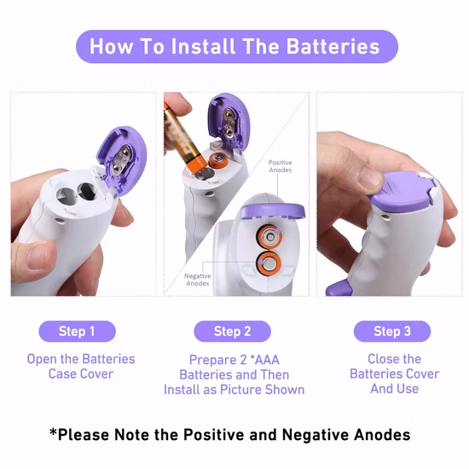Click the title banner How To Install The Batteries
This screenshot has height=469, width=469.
[x=237, y=46]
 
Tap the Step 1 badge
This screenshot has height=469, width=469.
[x=77, y=331]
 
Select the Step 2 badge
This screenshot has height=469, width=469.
[x=233, y=331]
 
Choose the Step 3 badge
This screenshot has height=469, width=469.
[x=392, y=331]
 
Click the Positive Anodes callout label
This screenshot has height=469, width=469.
[x=281, y=166]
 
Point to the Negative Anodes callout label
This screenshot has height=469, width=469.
[x=198, y=280]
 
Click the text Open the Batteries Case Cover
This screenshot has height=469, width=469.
[x=81, y=367]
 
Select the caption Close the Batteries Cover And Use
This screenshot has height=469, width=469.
[x=395, y=373]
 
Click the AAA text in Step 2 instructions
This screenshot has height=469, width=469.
[x=267, y=360]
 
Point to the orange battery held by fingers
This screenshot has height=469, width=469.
[x=183, y=138]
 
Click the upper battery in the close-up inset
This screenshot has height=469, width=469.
[x=269, y=237]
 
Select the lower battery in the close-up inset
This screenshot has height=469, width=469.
[x=269, y=263]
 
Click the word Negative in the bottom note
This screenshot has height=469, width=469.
[x=316, y=435]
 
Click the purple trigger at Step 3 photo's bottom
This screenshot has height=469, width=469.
[x=340, y=287]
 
